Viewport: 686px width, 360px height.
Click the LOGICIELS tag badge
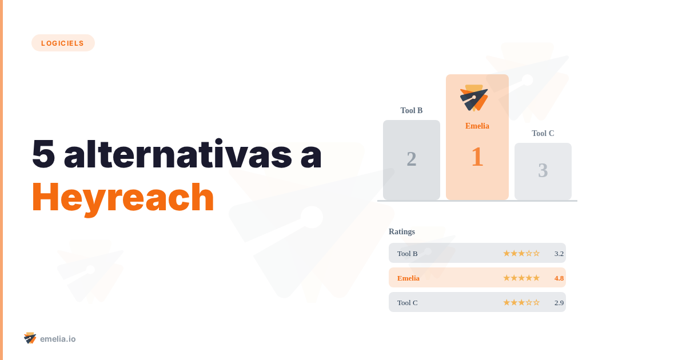coord(63,43)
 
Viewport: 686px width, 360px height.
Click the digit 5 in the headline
coord(43,154)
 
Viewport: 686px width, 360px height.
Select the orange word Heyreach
coord(122,197)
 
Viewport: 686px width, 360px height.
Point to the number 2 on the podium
coord(412,159)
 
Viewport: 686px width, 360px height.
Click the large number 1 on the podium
coord(477,157)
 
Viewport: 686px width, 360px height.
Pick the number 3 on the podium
coord(543,170)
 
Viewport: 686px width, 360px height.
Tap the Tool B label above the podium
coord(412,110)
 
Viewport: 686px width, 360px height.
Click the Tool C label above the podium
coord(543,133)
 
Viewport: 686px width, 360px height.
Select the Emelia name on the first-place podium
coord(477,126)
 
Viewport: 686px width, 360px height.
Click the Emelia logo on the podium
coord(474,98)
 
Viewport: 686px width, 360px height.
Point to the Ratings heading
coord(402,231)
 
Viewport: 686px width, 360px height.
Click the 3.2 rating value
coord(559,253)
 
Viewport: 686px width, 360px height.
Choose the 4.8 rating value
coord(559,278)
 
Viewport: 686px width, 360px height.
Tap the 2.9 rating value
coord(559,302)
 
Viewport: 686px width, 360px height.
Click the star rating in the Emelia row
coord(521,278)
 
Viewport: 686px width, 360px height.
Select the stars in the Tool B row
coord(521,253)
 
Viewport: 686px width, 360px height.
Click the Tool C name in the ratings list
coord(408,302)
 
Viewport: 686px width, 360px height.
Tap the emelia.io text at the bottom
coord(58,339)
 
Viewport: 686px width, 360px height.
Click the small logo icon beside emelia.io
coord(30,338)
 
